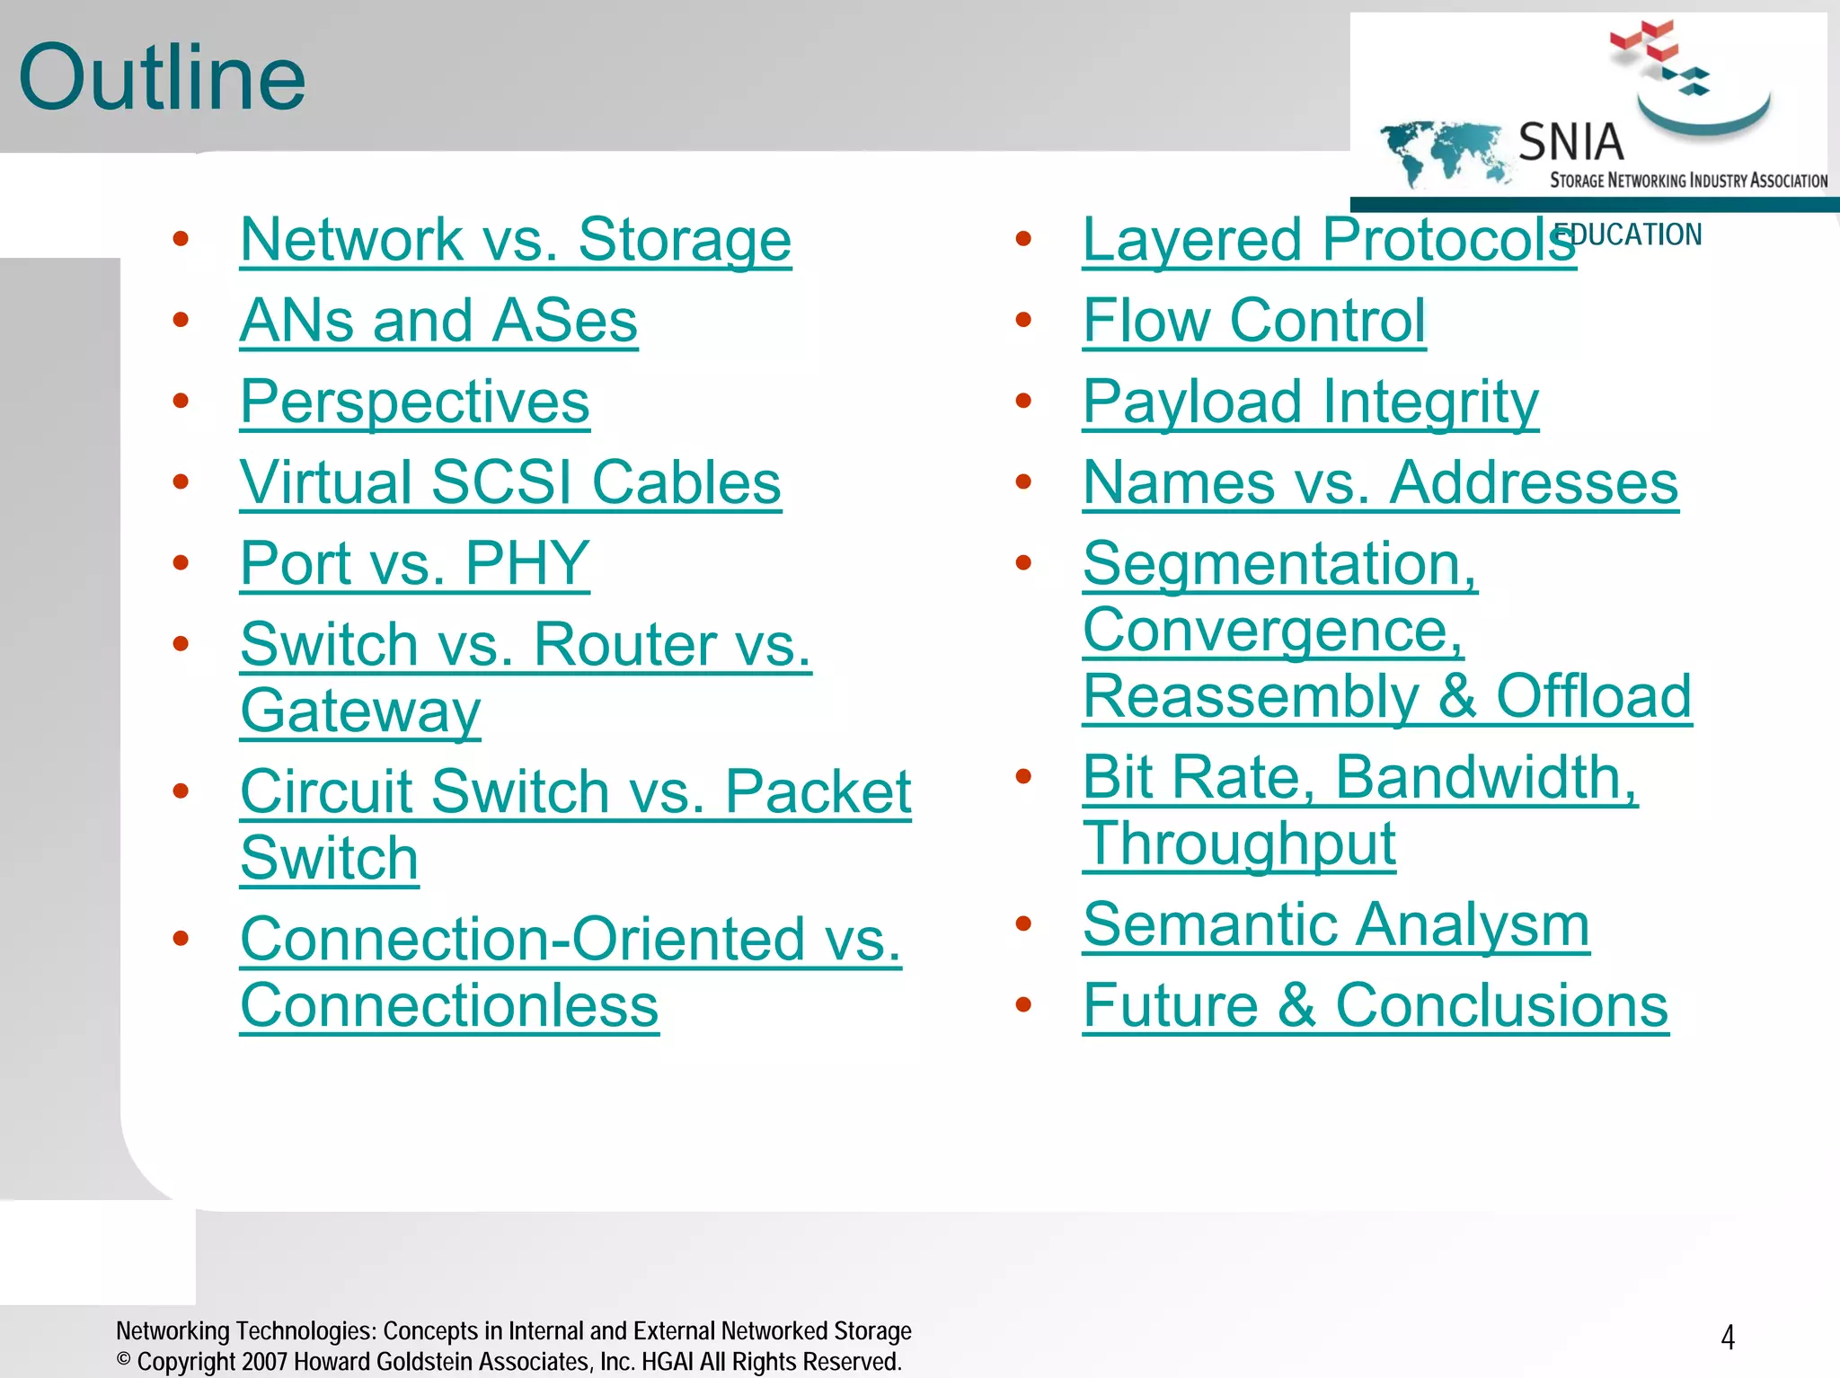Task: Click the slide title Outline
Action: tap(162, 78)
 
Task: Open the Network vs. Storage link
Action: tap(516, 240)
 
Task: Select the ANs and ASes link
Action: tap(438, 321)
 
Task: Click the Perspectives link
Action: tap(414, 402)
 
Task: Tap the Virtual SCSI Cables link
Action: tap(510, 482)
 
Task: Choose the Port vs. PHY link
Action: tap(414, 563)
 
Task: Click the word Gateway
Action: tap(360, 711)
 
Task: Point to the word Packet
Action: tap(818, 791)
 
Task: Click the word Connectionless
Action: tap(449, 1005)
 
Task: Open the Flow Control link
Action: tap(1253, 321)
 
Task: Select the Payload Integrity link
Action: tap(1310, 402)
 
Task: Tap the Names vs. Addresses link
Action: tap(1380, 482)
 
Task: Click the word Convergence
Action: tap(1273, 630)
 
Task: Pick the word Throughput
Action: tap(1239, 844)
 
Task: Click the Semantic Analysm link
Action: tap(1336, 924)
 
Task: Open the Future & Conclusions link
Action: tap(1375, 1005)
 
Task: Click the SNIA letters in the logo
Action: tap(1570, 142)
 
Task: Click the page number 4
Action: tap(1727, 1338)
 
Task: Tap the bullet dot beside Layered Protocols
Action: tap(1022, 239)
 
